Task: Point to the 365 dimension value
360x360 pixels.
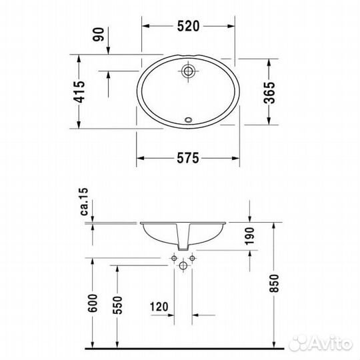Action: tap(269, 91)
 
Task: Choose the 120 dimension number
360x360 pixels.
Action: tap(158, 309)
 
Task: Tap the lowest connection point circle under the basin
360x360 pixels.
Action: tap(183, 265)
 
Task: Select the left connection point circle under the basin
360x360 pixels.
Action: tap(174, 257)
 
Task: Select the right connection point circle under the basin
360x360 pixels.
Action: tap(191, 257)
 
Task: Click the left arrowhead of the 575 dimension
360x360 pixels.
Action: tap(140, 158)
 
